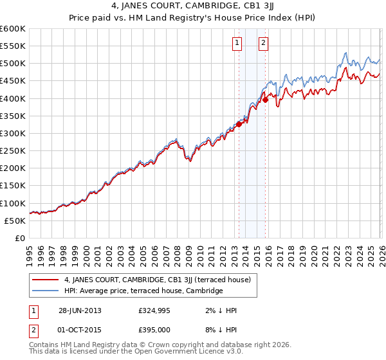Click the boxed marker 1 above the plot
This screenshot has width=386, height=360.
pyautogui.click(x=237, y=43)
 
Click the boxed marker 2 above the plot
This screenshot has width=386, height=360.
pyautogui.click(x=264, y=43)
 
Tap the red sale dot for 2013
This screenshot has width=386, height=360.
pyautogui.click(x=239, y=125)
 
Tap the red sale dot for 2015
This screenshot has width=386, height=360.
pyautogui.click(x=265, y=100)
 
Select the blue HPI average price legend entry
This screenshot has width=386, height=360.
pyautogui.click(x=143, y=291)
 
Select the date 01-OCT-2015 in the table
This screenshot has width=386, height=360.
pyautogui.click(x=78, y=330)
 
